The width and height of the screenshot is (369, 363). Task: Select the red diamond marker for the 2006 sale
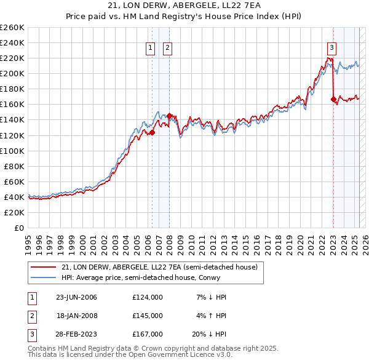click(152, 132)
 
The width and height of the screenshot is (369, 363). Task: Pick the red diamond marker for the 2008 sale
click(169, 116)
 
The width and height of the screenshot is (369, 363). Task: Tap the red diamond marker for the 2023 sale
click(333, 98)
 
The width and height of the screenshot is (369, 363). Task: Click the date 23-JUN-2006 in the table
click(77, 297)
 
